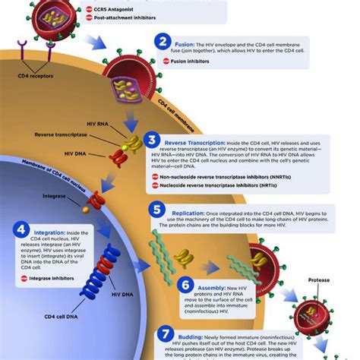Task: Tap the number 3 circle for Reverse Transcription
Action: point(153,141)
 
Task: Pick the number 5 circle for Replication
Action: point(157,209)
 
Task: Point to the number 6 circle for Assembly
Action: point(186,285)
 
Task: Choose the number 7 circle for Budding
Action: point(166,334)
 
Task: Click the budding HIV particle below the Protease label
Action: point(312,317)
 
